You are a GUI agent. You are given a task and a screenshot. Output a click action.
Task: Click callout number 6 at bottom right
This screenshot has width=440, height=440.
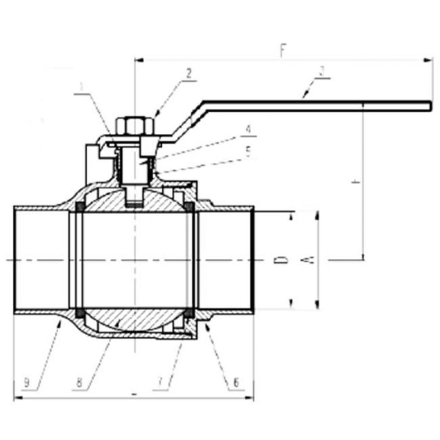tap(236, 383)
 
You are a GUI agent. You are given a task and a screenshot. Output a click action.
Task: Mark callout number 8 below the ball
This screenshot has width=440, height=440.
tap(79, 383)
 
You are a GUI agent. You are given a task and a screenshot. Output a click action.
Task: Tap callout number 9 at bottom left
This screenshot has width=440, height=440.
tap(27, 383)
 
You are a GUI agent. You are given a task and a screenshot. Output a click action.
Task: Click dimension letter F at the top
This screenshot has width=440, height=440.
tap(282, 51)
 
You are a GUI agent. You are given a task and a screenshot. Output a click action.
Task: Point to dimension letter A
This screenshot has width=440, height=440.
tap(310, 260)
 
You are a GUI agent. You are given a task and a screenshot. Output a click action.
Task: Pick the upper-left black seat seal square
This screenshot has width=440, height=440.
tap(81, 207)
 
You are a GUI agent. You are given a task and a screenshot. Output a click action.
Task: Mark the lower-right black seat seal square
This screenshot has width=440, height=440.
tap(189, 312)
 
